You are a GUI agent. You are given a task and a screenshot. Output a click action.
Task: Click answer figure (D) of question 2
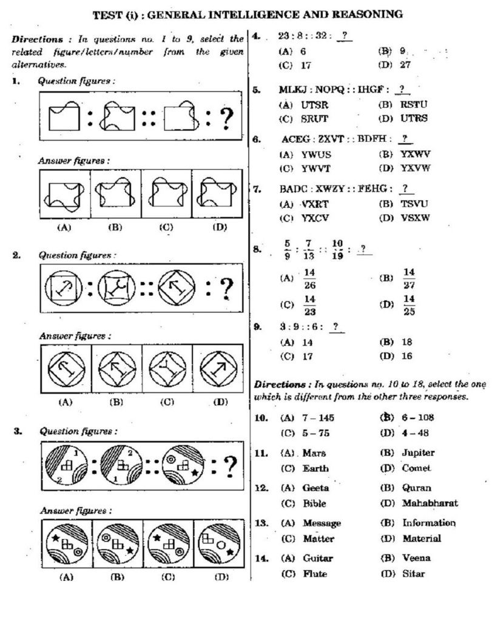(x=217, y=369)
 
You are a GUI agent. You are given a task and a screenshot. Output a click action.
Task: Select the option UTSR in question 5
(x=314, y=104)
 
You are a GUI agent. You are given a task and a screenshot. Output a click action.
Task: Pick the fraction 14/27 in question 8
(x=409, y=278)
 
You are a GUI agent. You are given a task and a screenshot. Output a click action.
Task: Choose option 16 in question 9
(x=407, y=357)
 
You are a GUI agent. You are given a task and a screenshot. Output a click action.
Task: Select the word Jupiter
(x=418, y=452)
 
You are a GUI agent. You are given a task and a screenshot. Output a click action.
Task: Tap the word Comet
(x=416, y=468)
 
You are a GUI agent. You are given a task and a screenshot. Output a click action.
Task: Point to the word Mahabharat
(x=430, y=503)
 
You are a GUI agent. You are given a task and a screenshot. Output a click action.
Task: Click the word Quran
(x=416, y=488)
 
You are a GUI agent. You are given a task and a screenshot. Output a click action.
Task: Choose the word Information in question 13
(x=429, y=523)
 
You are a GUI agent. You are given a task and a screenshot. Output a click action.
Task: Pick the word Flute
(x=315, y=573)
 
